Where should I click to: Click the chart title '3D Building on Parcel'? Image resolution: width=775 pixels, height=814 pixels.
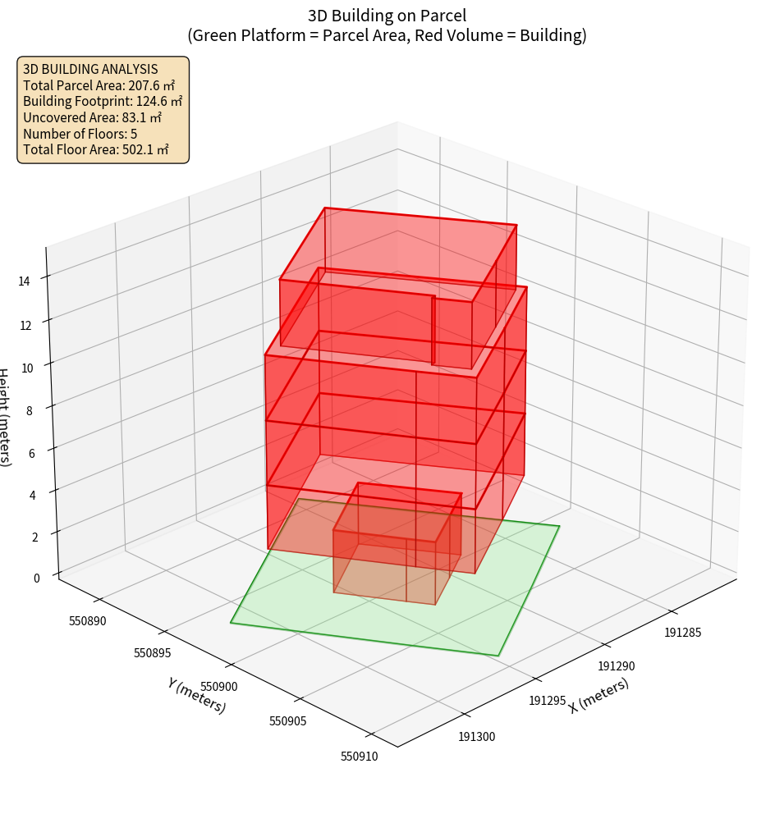coord(387,15)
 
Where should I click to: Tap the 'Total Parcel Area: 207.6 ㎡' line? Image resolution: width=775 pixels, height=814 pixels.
coord(99,85)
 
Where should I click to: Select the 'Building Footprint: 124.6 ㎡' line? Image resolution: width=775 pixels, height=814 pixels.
coord(103,102)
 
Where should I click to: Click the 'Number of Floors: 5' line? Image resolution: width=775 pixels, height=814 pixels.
coord(80,135)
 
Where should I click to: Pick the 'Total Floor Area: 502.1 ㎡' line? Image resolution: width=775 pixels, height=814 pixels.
coord(95,150)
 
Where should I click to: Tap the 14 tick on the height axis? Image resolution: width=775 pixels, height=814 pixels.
coord(25,281)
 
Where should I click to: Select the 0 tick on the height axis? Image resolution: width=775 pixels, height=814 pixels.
coord(36,578)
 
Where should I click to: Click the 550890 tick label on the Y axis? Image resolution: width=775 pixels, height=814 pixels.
coord(88,621)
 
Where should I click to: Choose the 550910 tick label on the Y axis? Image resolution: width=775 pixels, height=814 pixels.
coord(359,756)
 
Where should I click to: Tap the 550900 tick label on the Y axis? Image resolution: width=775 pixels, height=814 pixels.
coord(218,686)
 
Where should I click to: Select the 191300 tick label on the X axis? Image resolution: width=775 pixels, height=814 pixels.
coord(476,736)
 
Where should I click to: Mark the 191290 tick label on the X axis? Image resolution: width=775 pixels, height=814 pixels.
coord(617,666)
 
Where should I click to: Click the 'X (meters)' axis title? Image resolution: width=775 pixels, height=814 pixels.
coord(598,694)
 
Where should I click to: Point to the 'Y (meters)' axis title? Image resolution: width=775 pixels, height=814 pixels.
coord(196,695)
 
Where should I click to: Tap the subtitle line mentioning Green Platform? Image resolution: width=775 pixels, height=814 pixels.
coord(387,36)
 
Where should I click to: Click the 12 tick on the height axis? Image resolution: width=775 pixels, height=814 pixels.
coord(25,325)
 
